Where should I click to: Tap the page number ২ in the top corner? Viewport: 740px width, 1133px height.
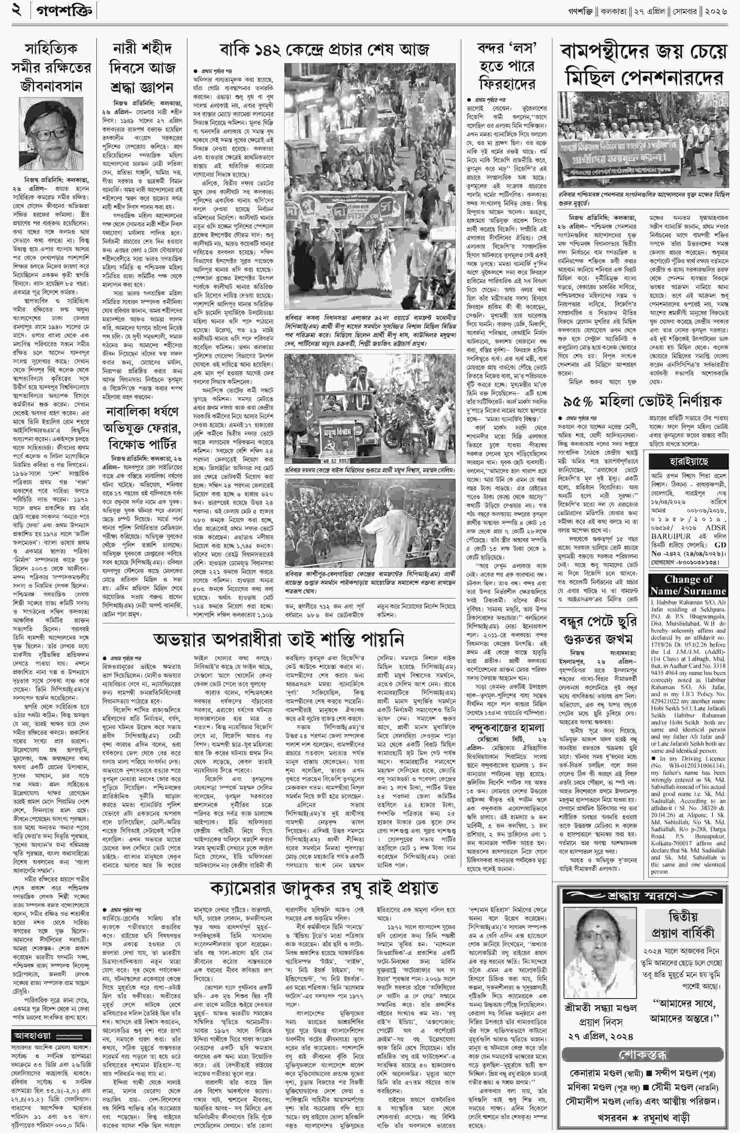(x=18, y=11)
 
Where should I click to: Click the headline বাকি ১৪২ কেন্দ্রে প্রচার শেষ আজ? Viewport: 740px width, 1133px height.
(x=324, y=49)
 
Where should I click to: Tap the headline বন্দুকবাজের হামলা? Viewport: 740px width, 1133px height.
(x=505, y=728)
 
